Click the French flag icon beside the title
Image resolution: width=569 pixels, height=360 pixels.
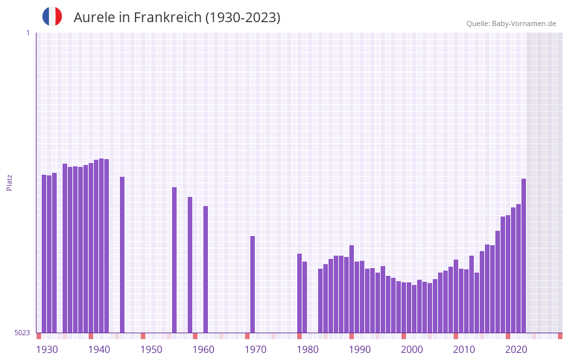(x=52, y=16)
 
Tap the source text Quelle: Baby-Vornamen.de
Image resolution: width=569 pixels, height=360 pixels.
(x=511, y=23)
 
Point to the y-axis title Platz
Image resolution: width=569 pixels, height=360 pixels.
(x=9, y=182)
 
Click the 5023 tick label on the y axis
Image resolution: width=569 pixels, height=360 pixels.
(x=22, y=333)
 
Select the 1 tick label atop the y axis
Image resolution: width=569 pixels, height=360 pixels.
(x=27, y=33)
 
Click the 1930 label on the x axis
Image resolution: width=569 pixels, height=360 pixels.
(x=47, y=350)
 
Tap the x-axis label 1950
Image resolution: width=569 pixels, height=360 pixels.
(x=151, y=350)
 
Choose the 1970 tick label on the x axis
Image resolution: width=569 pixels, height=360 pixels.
(x=255, y=350)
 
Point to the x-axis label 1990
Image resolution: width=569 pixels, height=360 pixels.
(x=360, y=350)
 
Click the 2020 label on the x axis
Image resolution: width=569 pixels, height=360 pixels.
(x=516, y=350)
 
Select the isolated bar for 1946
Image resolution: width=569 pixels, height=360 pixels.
(x=122, y=254)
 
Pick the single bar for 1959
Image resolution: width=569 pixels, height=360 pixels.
(x=190, y=264)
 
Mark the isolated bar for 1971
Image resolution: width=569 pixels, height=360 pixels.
(x=252, y=284)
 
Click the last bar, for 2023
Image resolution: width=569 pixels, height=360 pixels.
(x=523, y=255)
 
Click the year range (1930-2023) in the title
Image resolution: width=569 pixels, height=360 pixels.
(x=242, y=18)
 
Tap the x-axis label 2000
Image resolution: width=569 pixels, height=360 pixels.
(x=412, y=350)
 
